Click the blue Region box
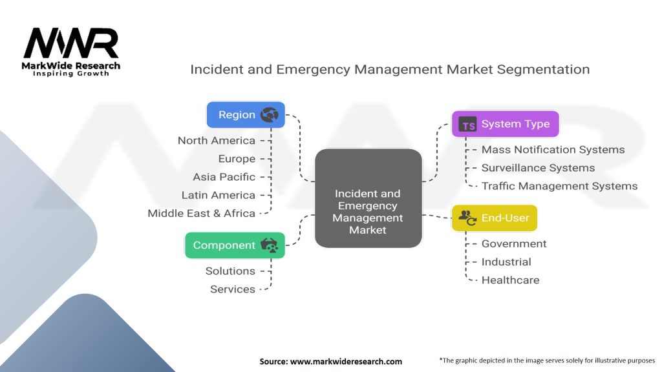click(246, 115)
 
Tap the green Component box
click(235, 245)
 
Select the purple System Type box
click(506, 124)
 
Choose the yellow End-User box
click(495, 218)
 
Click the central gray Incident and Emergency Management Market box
click(368, 198)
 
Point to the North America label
click(216, 140)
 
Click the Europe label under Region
click(237, 159)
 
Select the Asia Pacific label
click(224, 177)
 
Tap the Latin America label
click(219, 195)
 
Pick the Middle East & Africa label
click(202, 213)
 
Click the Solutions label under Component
click(230, 271)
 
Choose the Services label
click(233, 289)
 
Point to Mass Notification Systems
click(553, 150)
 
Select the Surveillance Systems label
click(539, 168)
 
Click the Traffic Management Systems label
click(559, 186)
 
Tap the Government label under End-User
click(514, 243)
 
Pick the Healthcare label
click(511, 280)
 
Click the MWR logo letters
click(71, 43)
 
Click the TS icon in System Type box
click(467, 125)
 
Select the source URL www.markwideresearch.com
click(347, 362)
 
